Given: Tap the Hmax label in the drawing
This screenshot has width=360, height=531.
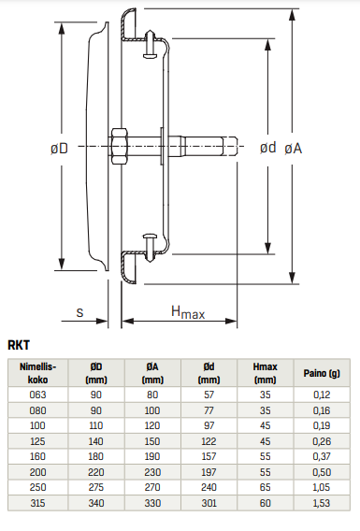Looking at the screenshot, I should (x=187, y=312).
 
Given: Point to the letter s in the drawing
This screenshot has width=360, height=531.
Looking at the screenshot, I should (x=81, y=313).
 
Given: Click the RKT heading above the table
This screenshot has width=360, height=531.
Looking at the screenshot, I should (x=19, y=345).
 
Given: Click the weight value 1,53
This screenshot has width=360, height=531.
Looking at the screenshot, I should (x=322, y=505).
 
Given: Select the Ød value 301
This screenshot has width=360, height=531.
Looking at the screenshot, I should (x=208, y=505).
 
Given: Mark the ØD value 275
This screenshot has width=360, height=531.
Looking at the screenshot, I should (x=95, y=489).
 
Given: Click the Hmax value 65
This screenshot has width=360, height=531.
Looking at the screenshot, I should (x=265, y=489).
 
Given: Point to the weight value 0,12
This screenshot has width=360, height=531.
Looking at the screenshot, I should (x=322, y=395).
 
